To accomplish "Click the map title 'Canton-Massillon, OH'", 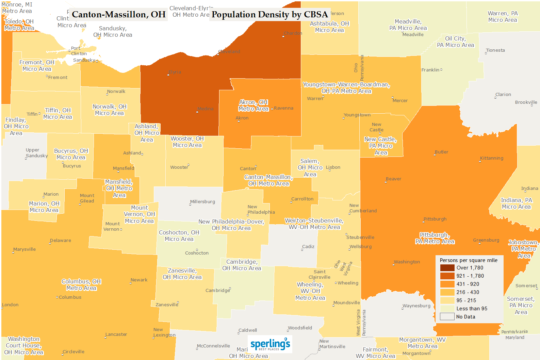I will (118, 15).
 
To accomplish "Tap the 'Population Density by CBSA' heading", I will (269, 15).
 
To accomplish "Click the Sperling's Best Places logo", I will (270, 344).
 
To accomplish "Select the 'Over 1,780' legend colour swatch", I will (447, 268).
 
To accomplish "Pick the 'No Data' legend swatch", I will (447, 317).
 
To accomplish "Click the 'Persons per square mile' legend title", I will (468, 260).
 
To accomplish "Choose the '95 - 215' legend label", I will (466, 300).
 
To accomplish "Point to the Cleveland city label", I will (229, 52).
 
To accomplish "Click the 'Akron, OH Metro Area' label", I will (253, 105).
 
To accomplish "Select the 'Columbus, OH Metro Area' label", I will (81, 285).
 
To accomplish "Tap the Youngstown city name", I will (357, 115).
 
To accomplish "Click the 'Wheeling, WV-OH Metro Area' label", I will (310, 291).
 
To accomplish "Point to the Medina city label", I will (206, 109).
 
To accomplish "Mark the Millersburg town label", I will (202, 202).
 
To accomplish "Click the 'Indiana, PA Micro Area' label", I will (516, 203).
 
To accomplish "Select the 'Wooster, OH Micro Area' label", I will (187, 142).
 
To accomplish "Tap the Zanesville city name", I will (167, 305).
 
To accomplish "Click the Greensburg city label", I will (486, 240).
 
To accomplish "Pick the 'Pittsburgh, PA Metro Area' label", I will (435, 238).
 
